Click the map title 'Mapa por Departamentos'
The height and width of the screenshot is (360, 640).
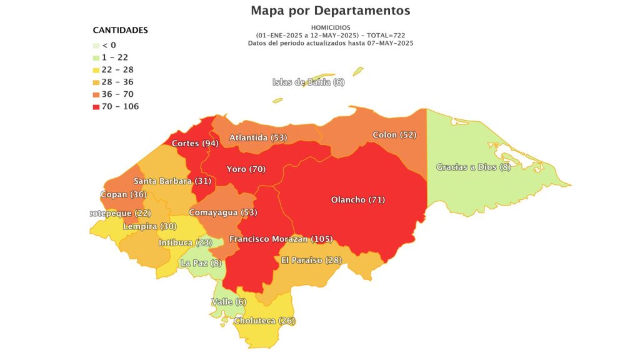pyautogui.click(x=330, y=11)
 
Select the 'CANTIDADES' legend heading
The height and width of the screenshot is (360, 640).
pyautogui.click(x=120, y=30)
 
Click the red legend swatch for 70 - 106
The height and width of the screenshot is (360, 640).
pyautogui.click(x=96, y=107)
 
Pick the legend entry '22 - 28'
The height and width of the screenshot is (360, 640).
pyautogui.click(x=119, y=70)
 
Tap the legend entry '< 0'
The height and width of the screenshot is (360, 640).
pyautogui.click(x=109, y=45)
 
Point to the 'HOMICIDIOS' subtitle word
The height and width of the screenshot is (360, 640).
pyautogui.click(x=331, y=27)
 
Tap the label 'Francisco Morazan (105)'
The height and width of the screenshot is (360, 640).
pyautogui.click(x=281, y=239)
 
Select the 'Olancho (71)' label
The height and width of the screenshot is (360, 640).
pyautogui.click(x=357, y=200)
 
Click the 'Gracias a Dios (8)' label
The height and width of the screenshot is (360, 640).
pyautogui.click(x=473, y=167)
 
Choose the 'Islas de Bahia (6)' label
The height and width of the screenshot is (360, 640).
pyautogui.click(x=309, y=82)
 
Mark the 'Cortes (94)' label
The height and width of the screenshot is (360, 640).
pyautogui.click(x=194, y=144)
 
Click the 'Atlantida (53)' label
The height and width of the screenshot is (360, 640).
pyautogui.click(x=258, y=137)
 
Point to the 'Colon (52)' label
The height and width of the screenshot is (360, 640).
pyautogui.click(x=394, y=135)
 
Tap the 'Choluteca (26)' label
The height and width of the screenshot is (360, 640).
pyautogui.click(x=264, y=321)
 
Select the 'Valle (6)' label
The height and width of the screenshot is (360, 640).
pyautogui.click(x=229, y=302)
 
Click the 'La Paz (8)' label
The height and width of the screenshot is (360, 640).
pyautogui.click(x=201, y=264)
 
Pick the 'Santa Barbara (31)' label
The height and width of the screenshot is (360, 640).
pyautogui.click(x=172, y=181)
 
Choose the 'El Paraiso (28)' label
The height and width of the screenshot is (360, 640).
pyautogui.click(x=311, y=260)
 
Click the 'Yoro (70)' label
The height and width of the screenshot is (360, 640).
pyautogui.click(x=246, y=169)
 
